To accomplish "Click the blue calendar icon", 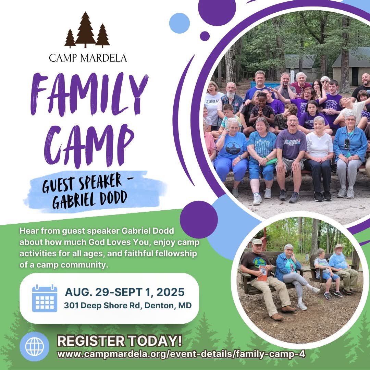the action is click(45, 298).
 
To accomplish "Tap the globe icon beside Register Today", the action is click(35, 346).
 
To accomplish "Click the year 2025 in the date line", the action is click(170, 292).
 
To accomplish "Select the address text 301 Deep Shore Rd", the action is click(103, 305).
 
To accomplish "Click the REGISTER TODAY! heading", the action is click(120, 341).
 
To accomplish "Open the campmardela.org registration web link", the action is click(181, 354).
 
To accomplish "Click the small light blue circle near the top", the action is click(179, 23).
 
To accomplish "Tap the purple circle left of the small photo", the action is click(199, 220).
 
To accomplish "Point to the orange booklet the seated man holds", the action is click(262, 273).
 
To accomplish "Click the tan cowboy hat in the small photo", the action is click(339, 247).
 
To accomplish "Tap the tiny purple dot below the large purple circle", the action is click(205, 36).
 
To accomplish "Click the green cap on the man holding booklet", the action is click(257, 242).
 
